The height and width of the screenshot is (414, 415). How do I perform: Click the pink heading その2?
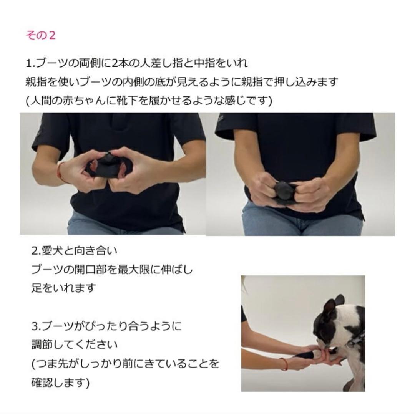coord(40,35)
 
